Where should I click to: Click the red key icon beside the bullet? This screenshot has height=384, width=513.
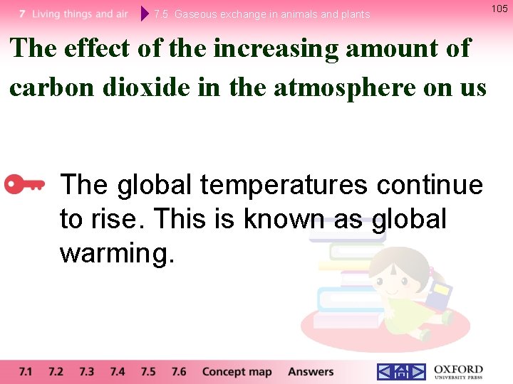coord(25,185)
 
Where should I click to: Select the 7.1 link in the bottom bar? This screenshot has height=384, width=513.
coord(26,371)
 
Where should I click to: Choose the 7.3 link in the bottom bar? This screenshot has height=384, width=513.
coord(86,371)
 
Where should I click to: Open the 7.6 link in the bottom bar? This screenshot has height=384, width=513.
coord(179,371)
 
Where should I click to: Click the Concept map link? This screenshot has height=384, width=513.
coord(237,371)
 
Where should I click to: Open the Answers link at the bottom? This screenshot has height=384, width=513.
coord(311,371)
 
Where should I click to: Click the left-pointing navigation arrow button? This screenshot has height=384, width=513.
coord(385,371)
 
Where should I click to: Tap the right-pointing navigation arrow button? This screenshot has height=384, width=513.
coord(417,371)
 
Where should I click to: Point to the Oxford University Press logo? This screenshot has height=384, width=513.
coord(458,371)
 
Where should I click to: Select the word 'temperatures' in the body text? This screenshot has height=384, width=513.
coord(284,185)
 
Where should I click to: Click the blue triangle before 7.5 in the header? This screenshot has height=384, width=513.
coord(145,14)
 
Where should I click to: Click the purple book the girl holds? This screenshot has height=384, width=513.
coord(441,293)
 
